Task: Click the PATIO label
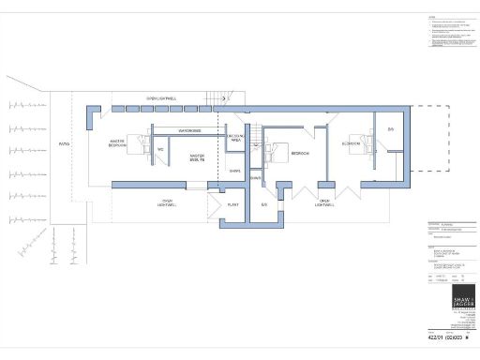click(64, 144)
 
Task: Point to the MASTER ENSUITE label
click(197, 158)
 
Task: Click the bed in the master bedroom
click(141, 143)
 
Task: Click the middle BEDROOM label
click(300, 152)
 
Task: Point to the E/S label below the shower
click(264, 203)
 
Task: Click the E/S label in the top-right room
click(390, 127)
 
